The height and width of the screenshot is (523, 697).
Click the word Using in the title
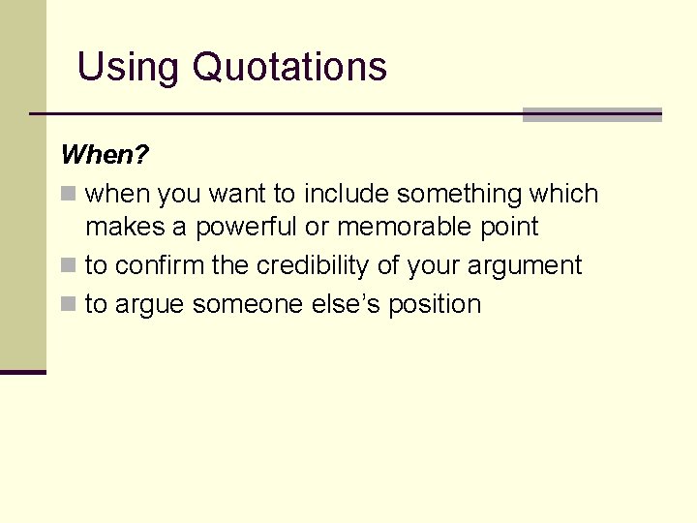coord(129,67)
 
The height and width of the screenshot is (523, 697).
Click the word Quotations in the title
coord(289,67)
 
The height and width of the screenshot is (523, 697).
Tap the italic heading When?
coord(105,155)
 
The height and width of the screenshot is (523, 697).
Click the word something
coord(460,194)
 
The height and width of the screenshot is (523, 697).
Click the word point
coord(509,228)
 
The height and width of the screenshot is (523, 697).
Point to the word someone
coord(249,304)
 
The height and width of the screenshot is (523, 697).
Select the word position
coord(435,304)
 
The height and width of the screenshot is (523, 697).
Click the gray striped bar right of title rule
coord(591,114)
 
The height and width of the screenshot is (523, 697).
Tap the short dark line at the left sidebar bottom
coord(22,372)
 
